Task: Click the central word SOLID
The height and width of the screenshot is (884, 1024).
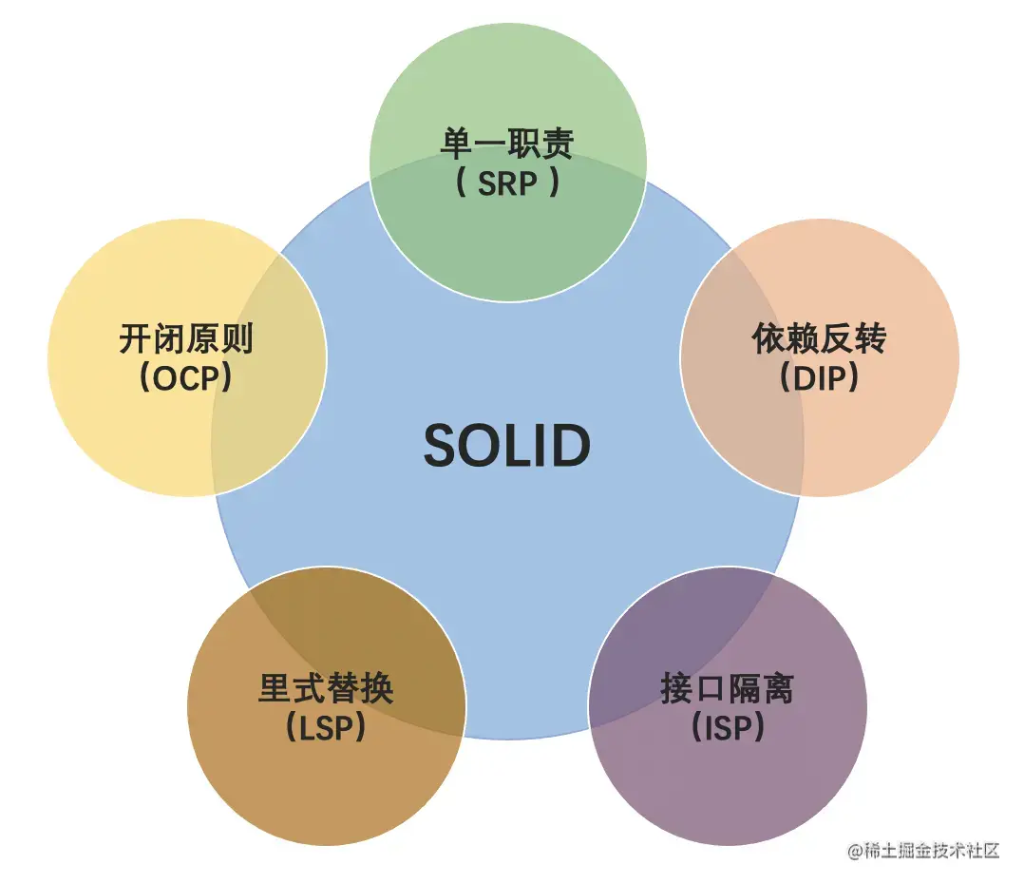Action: tap(507, 445)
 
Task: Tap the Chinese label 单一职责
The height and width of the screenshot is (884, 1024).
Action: tap(507, 144)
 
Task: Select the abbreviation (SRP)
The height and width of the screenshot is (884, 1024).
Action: tap(507, 183)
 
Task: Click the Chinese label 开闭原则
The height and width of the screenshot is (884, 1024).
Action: tap(187, 338)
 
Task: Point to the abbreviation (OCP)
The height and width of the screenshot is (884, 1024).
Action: tap(187, 377)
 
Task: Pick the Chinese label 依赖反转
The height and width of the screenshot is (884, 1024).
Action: tap(820, 338)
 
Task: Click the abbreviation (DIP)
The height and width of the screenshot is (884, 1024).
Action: tap(820, 377)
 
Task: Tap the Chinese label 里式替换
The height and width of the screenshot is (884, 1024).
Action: tap(326, 688)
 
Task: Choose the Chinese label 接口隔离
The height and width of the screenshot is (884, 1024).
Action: tap(728, 688)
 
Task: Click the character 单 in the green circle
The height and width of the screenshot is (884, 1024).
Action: tap(457, 144)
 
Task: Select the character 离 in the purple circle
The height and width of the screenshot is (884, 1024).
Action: tap(778, 688)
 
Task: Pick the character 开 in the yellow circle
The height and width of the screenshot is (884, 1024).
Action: tap(137, 338)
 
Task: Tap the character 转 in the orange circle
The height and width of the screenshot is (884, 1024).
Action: tap(870, 338)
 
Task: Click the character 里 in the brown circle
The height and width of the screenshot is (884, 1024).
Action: tap(275, 688)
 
